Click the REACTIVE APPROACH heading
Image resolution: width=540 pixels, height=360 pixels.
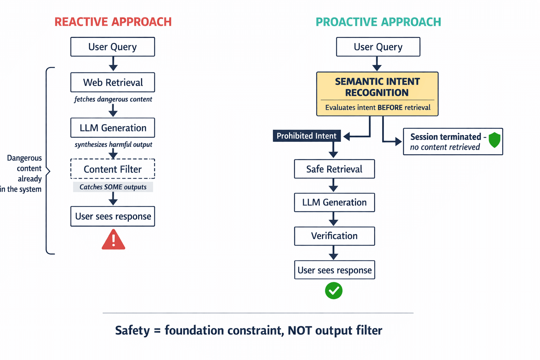[x=113, y=22]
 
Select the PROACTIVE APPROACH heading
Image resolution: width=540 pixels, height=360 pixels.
[x=378, y=22]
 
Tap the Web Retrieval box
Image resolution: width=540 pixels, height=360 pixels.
[x=112, y=82]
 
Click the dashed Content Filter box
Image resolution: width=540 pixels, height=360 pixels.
[x=112, y=169]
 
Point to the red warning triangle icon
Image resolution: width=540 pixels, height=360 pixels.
[x=113, y=240]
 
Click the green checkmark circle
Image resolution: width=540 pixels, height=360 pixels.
[x=334, y=291]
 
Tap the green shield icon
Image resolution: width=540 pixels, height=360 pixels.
[x=494, y=140]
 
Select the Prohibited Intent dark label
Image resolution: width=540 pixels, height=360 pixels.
[x=307, y=136]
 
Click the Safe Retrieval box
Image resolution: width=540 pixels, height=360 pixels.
[x=334, y=169]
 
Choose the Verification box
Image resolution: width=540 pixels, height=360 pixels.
[x=334, y=236]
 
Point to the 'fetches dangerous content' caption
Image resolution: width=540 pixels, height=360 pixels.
[x=113, y=99]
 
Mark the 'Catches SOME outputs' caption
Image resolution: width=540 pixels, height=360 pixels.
[x=113, y=187]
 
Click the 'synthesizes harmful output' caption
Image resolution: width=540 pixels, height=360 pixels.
[x=113, y=144]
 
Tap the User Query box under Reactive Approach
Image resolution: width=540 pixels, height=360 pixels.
[x=112, y=47]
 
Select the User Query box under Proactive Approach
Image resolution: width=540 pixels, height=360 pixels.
[x=378, y=47]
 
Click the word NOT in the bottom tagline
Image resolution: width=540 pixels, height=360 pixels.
[x=300, y=330]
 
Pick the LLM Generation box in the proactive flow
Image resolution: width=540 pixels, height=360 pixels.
[x=334, y=202]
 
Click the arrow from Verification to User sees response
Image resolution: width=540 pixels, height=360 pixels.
[x=333, y=253]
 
